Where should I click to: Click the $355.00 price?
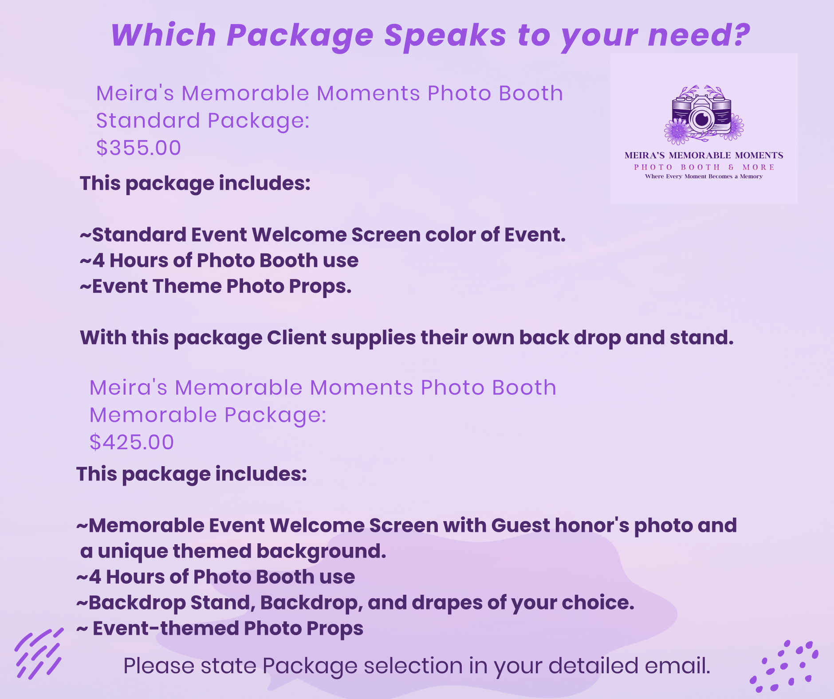coord(139,148)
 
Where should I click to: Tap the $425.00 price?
coord(132,442)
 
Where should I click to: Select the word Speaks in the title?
coord(445,35)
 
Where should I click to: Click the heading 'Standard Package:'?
coord(203,121)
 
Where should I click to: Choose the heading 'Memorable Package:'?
coord(208,416)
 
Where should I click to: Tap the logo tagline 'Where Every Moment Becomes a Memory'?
coord(704,177)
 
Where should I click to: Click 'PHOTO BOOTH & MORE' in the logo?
coord(704,167)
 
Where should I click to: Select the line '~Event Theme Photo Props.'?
coord(216,287)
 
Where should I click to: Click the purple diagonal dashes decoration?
coord(39,654)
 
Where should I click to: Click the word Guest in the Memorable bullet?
coord(520,526)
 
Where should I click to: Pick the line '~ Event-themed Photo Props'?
coord(220,628)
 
